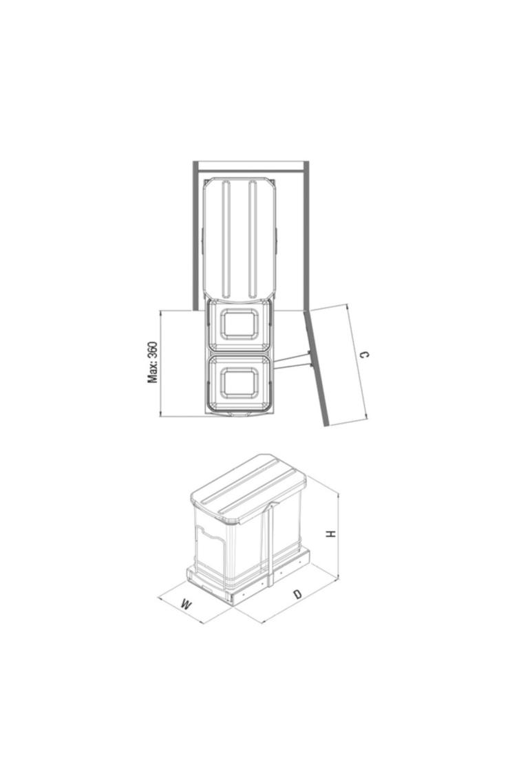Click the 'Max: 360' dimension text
point(152,362)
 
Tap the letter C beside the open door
point(365,355)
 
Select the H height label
point(330,534)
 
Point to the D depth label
point(298,594)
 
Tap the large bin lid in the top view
point(239,240)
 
